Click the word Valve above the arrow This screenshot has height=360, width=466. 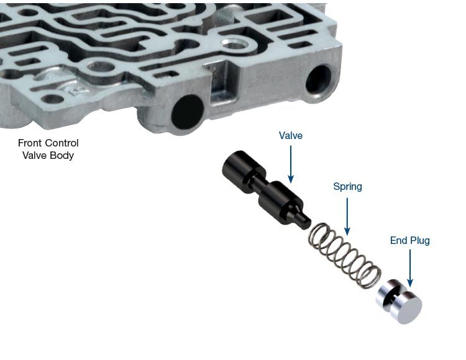tap(290, 135)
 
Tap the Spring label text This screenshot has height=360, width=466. tap(347, 187)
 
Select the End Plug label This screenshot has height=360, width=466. tap(410, 240)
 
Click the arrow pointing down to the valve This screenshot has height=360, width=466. tap(291, 164)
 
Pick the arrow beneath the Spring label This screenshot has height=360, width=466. tap(347, 217)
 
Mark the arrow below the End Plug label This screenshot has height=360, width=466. tap(410, 268)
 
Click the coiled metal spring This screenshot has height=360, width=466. tap(345, 256)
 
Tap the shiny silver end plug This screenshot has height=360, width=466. tap(399, 301)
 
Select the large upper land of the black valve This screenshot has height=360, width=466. tap(242, 171)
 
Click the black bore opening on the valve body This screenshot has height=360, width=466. tap(188, 112)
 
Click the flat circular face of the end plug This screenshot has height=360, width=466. tap(409, 310)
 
